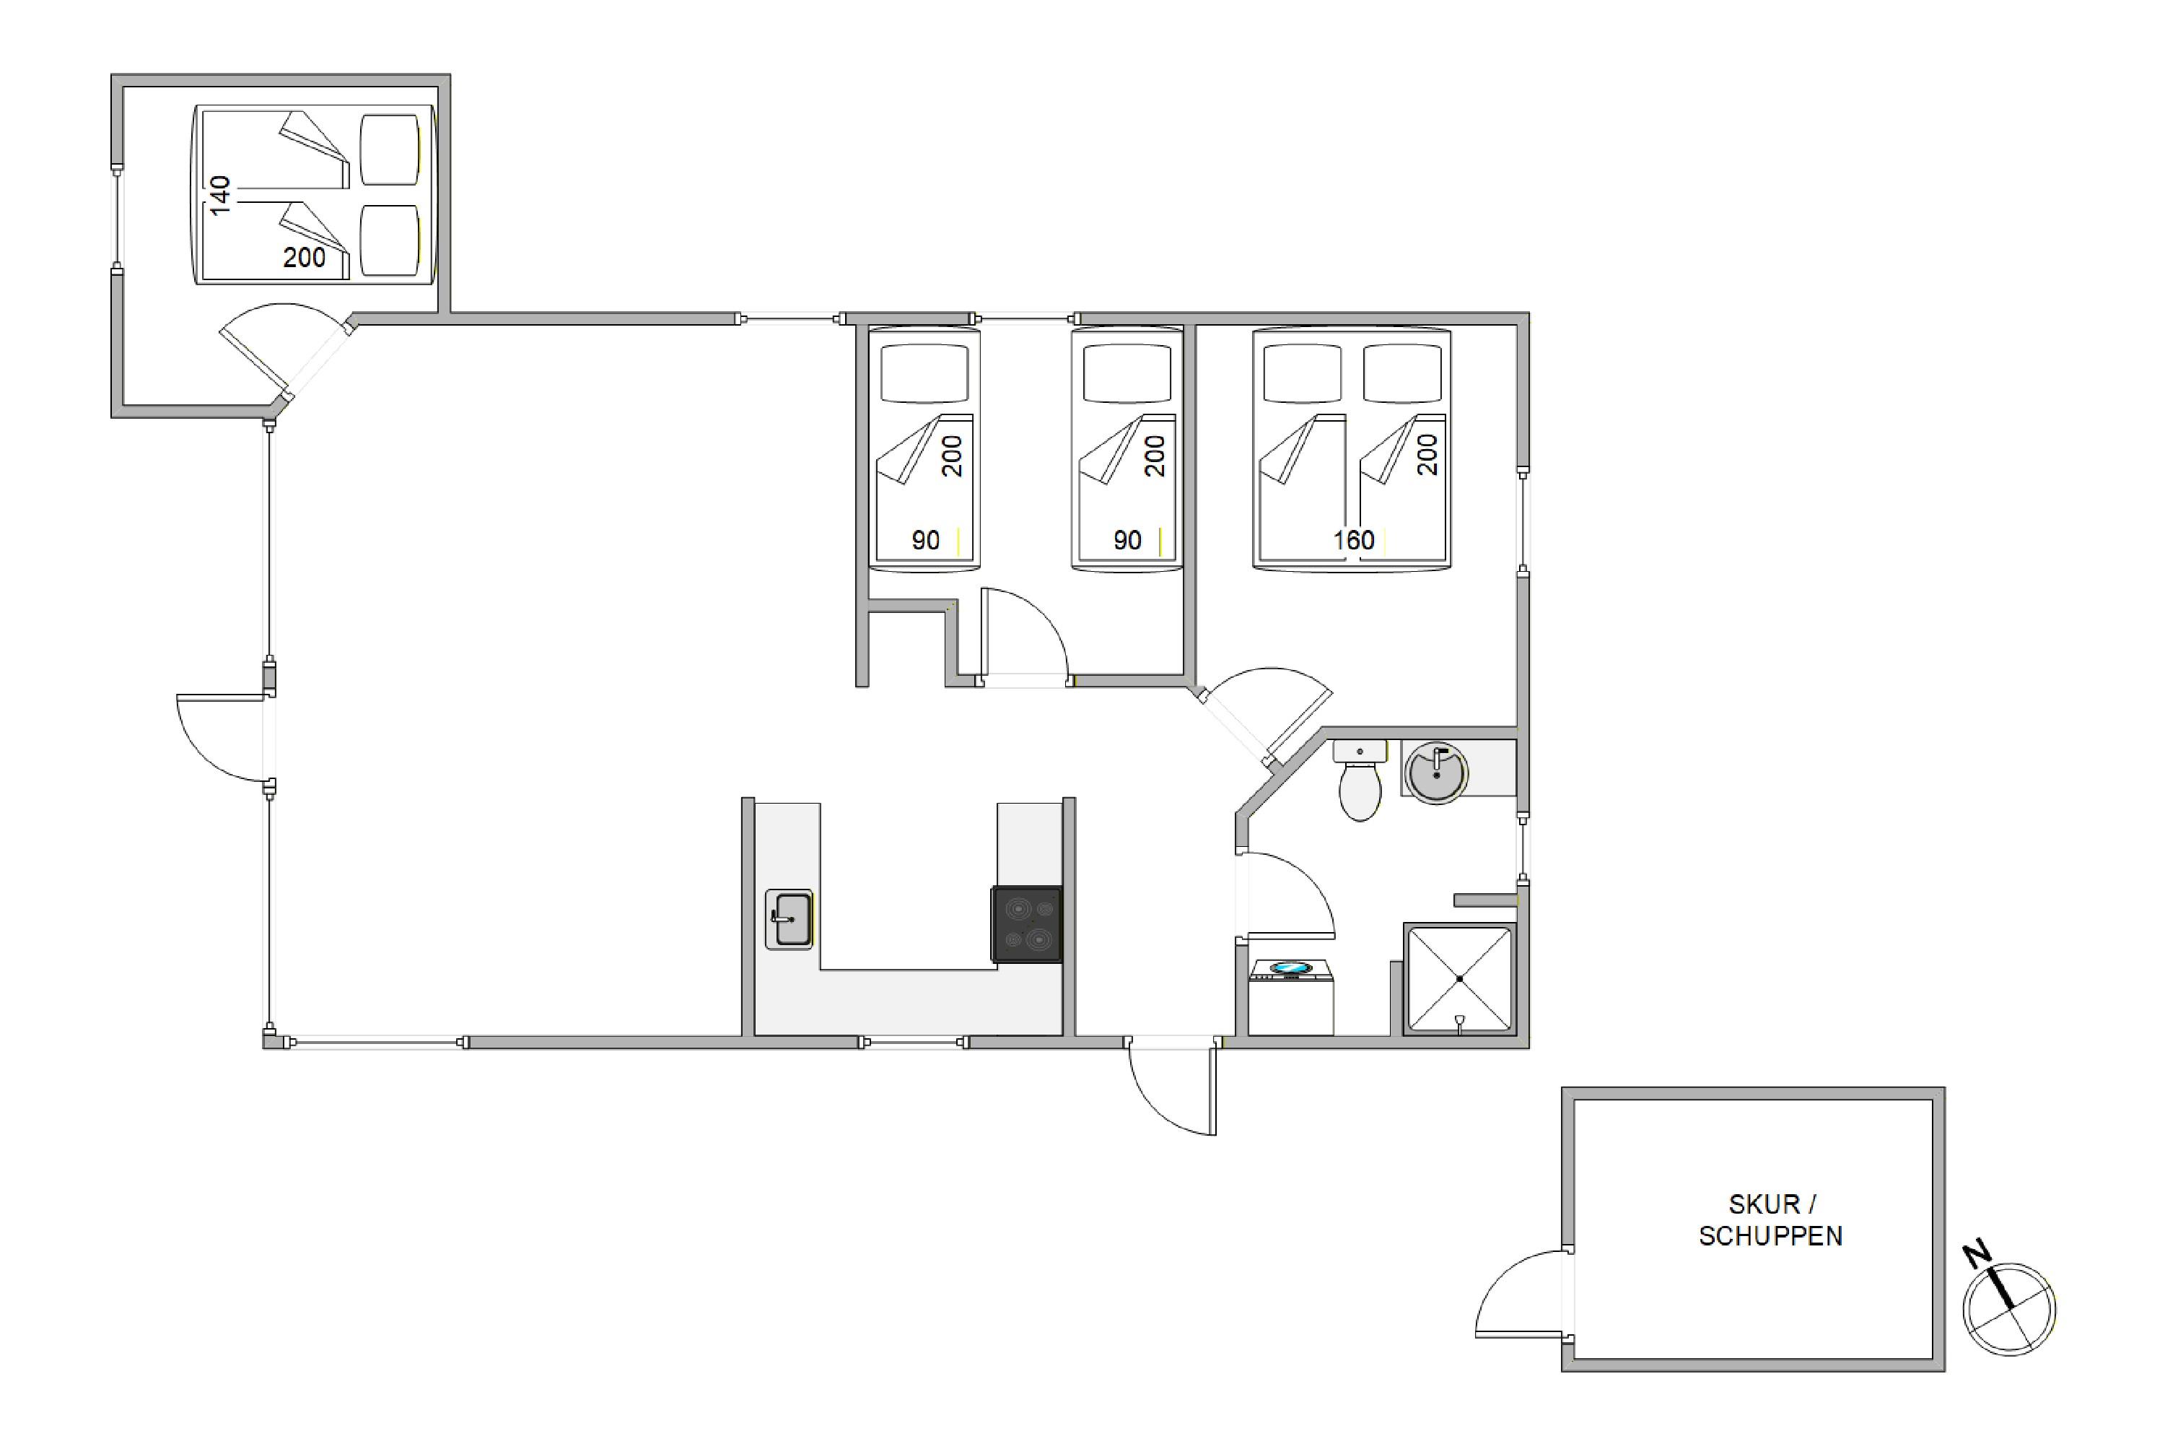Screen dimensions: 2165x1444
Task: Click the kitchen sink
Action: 789,919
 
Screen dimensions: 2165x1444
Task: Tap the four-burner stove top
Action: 1026,925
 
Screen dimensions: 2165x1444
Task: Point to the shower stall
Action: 1459,978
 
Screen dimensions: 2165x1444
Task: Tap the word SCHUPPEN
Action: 1770,1236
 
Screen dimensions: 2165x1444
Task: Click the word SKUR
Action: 1764,1204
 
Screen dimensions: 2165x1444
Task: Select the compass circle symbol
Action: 2009,1308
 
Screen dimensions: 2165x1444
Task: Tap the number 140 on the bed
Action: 219,195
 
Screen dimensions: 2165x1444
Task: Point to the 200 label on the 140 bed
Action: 304,257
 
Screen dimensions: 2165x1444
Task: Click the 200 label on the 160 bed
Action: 1427,455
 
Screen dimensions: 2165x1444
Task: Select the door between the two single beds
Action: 1023,635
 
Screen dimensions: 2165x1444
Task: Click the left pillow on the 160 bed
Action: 1303,373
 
